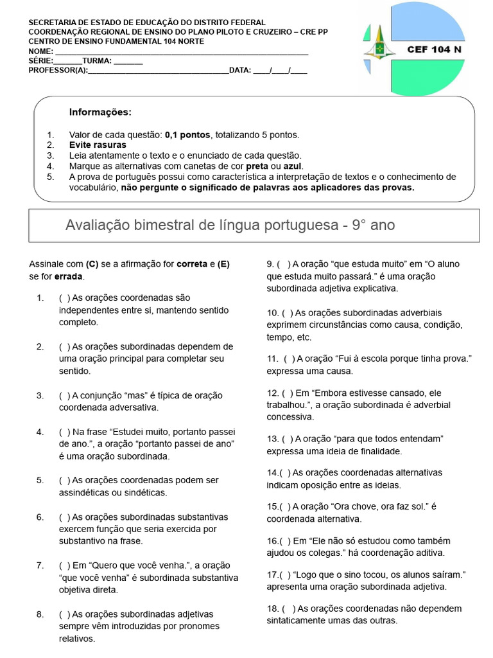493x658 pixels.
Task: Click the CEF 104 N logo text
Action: (434, 49)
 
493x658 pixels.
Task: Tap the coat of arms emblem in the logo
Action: (379, 49)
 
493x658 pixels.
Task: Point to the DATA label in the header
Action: (240, 71)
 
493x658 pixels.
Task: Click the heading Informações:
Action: (100, 112)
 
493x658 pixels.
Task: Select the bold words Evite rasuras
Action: (98, 145)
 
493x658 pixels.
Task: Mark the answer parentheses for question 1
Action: (64, 298)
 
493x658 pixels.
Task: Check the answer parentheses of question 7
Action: (64, 565)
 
